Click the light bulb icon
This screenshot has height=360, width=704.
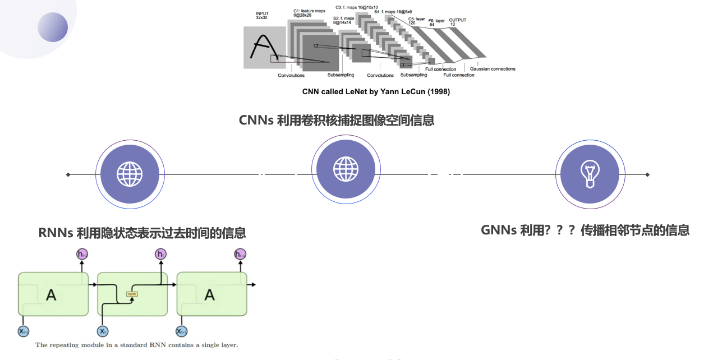tap(590, 174)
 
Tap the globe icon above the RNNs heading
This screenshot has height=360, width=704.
tap(130, 174)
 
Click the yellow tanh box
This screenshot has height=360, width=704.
tap(132, 294)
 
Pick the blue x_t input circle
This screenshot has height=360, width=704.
tap(102, 331)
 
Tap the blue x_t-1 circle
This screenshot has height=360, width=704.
tap(24, 331)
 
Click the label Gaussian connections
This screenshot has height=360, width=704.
tap(493, 69)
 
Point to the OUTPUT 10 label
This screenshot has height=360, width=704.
tap(457, 22)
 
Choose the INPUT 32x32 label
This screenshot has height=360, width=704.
tap(263, 15)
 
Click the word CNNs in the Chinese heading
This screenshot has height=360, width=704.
tap(256, 120)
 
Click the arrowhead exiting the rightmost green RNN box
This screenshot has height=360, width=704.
tap(253, 285)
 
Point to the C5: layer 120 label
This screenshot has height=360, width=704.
tap(416, 21)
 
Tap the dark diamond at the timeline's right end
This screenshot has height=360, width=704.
tap(647, 174)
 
